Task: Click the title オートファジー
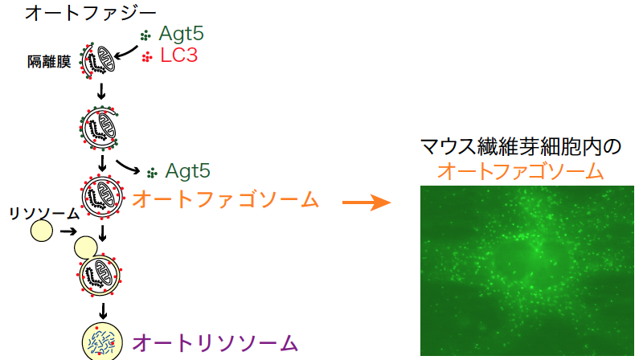point(91,13)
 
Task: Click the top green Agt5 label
point(182,34)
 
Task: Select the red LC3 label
point(179,55)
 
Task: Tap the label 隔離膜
point(49,62)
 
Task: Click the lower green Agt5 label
point(188,171)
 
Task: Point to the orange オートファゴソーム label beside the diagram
point(225,200)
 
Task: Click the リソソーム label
point(44,214)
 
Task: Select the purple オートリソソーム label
point(215,343)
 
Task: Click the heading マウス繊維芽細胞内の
point(520,147)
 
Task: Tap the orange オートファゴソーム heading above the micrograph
point(520,171)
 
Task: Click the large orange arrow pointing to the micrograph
point(366,202)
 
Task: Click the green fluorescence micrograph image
point(527,271)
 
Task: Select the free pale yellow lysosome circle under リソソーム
point(42,231)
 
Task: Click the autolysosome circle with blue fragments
point(102,342)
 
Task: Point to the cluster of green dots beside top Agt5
point(145,36)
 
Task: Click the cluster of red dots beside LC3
point(147,57)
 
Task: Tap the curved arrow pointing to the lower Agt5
point(128,167)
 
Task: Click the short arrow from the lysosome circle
point(68,231)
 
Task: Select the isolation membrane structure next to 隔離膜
point(98,61)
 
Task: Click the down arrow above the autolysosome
point(103,311)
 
